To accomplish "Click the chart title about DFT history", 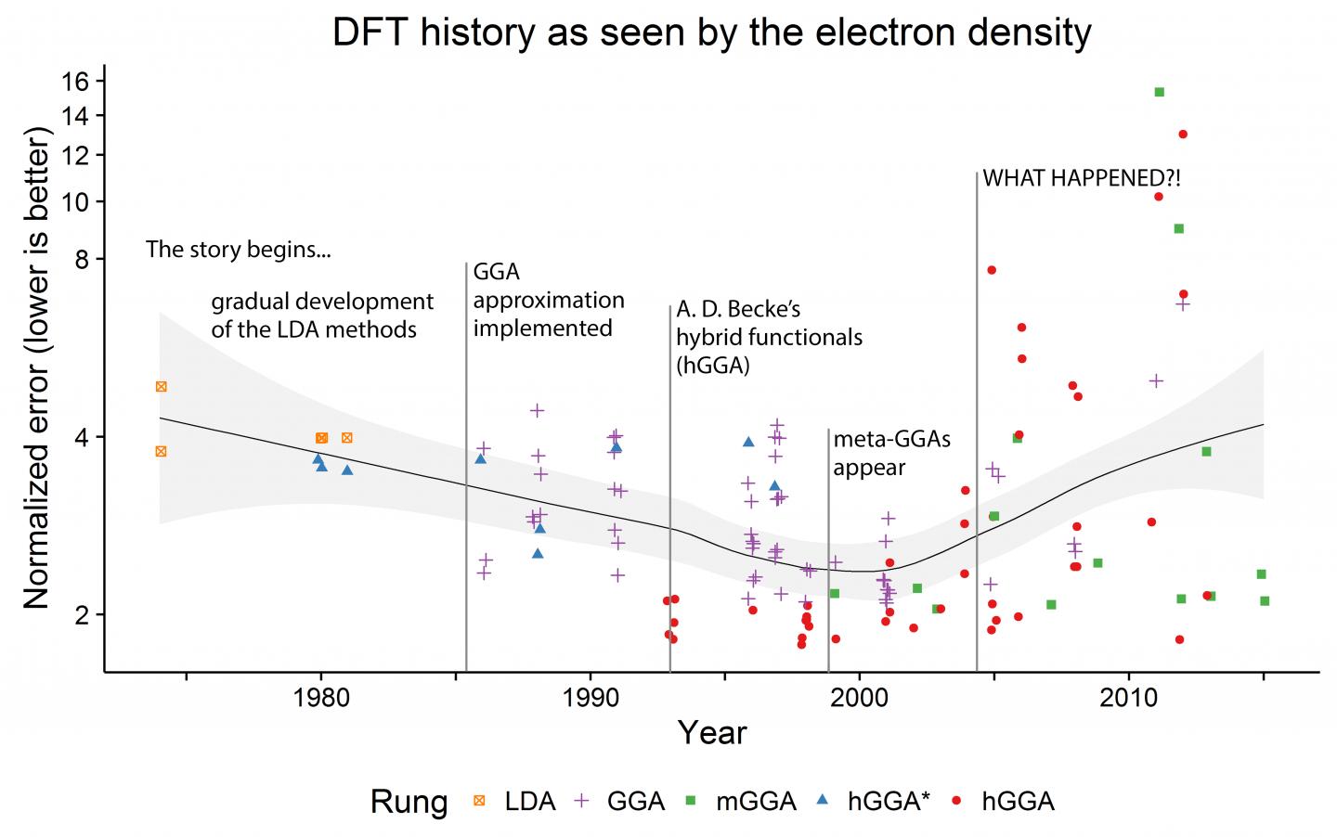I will [x=711, y=32].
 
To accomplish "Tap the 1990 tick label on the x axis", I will [x=590, y=698].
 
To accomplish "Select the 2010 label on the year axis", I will [x=1129, y=698].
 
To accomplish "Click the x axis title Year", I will [x=711, y=733].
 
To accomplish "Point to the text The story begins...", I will [x=238, y=250].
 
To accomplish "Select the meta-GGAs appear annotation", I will [x=891, y=453].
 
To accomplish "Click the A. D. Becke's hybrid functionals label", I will [x=769, y=337].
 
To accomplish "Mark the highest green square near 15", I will [x=1159, y=92].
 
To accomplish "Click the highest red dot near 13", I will [x=1183, y=135].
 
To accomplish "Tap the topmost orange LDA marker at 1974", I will [x=161, y=386].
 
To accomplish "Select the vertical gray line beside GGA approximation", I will [x=465, y=464].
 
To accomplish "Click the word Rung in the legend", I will [x=409, y=801].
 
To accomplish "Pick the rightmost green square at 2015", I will [x=1265, y=600].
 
